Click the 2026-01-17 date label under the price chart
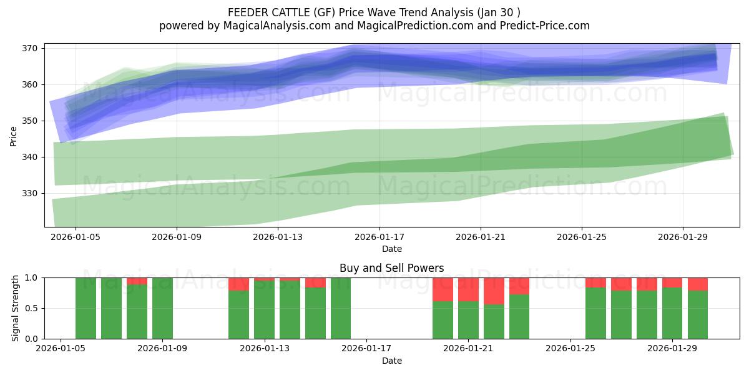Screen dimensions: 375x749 (x=379, y=237)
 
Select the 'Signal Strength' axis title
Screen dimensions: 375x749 (x=16, y=308)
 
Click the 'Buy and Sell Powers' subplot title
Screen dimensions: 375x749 (x=391, y=268)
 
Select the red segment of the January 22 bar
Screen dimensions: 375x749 (x=494, y=291)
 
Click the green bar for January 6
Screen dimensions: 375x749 (x=86, y=308)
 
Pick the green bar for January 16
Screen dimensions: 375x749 (x=341, y=308)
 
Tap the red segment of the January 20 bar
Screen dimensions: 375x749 (x=443, y=289)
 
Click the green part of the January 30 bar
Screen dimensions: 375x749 (x=698, y=314)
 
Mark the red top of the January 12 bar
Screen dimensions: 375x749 (x=238, y=284)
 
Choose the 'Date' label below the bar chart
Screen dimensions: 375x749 (x=391, y=361)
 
